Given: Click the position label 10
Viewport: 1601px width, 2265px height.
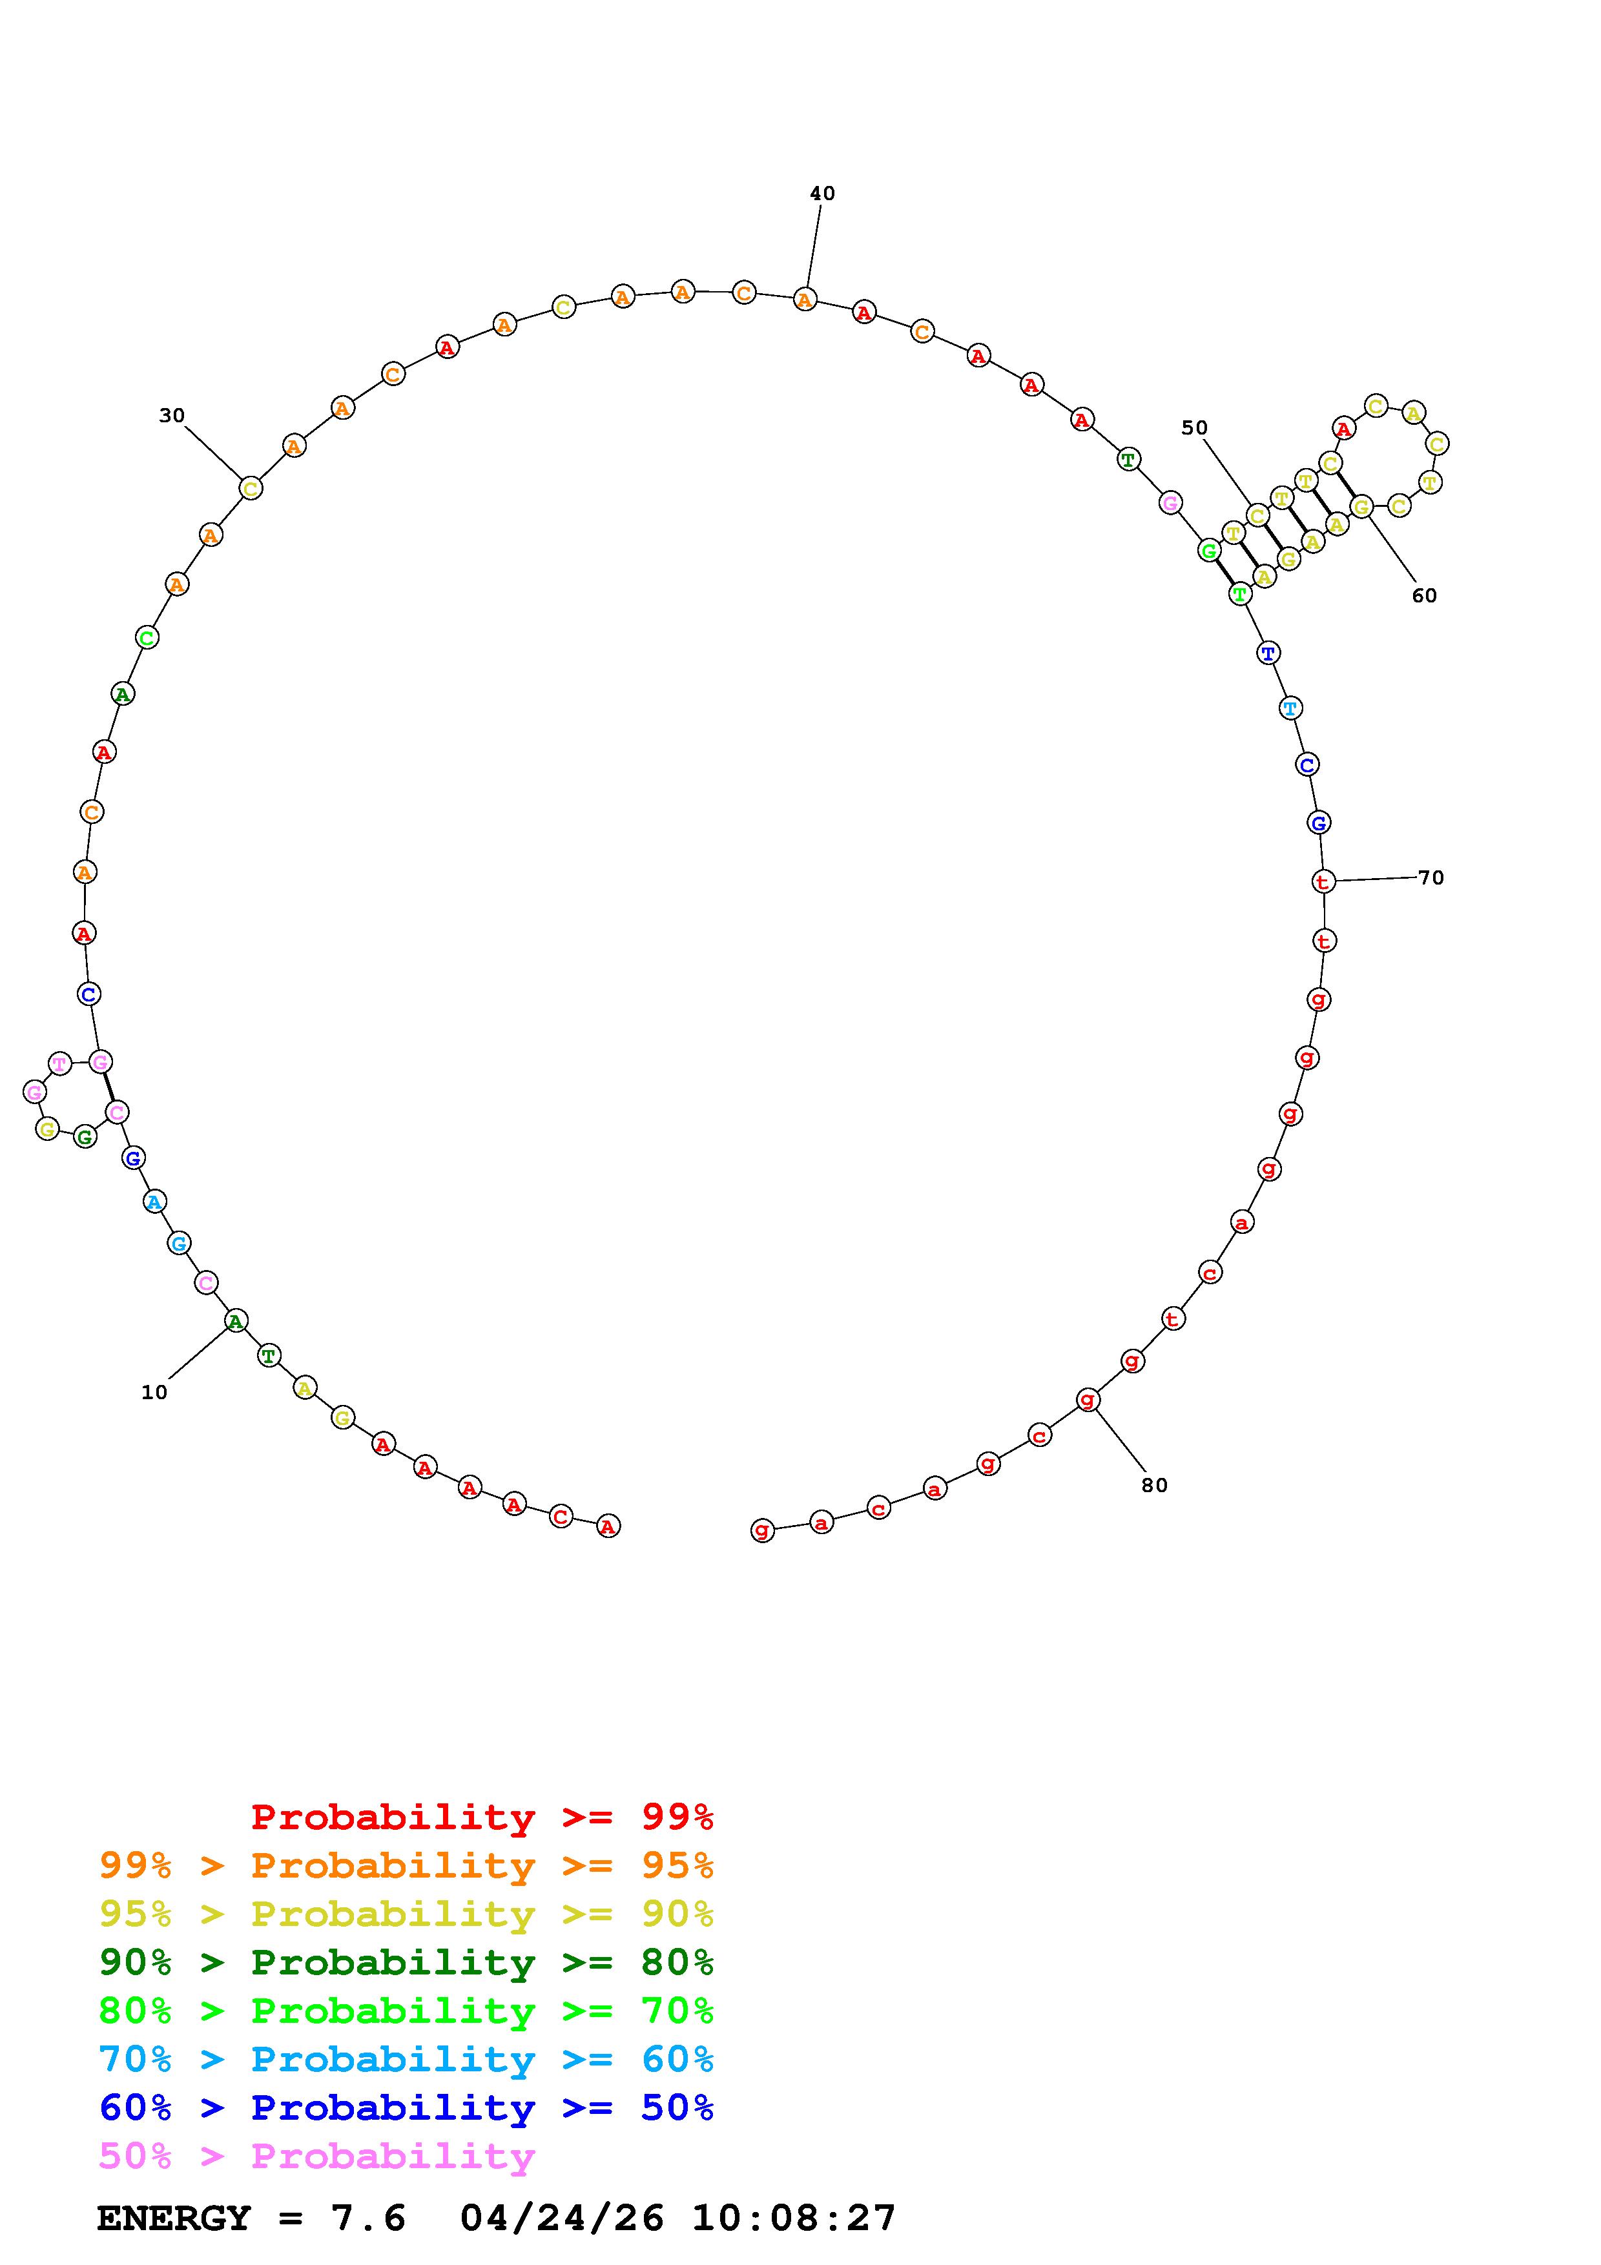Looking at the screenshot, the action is tap(155, 1392).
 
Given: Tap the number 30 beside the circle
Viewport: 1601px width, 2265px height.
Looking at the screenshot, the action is tap(172, 415).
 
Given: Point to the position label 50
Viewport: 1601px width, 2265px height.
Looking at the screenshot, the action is tap(1195, 427).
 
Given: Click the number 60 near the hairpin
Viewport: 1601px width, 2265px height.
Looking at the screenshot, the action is tap(1425, 595).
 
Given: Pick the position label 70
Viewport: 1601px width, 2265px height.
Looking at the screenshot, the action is tap(1431, 877).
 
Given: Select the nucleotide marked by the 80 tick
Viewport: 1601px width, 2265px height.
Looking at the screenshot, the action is tap(1087, 1399).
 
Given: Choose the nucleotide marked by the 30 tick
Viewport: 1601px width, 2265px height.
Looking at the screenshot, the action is tap(251, 487).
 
